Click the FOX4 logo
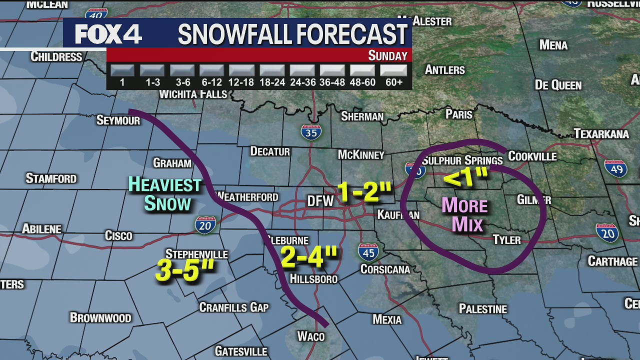click(x=108, y=34)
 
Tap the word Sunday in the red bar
click(x=387, y=55)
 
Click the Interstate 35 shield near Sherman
click(x=310, y=132)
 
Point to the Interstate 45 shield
click(x=368, y=252)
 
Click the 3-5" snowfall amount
click(x=184, y=270)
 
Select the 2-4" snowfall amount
click(x=308, y=256)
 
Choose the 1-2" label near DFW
click(x=363, y=191)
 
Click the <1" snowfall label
click(x=465, y=177)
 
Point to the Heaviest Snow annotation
click(x=165, y=194)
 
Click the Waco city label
click(x=311, y=336)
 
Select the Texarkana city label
click(x=601, y=133)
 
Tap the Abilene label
click(x=41, y=229)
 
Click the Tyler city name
click(x=506, y=240)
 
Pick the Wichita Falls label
click(x=193, y=94)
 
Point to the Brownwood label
click(x=100, y=317)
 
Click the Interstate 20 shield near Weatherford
click(x=205, y=225)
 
